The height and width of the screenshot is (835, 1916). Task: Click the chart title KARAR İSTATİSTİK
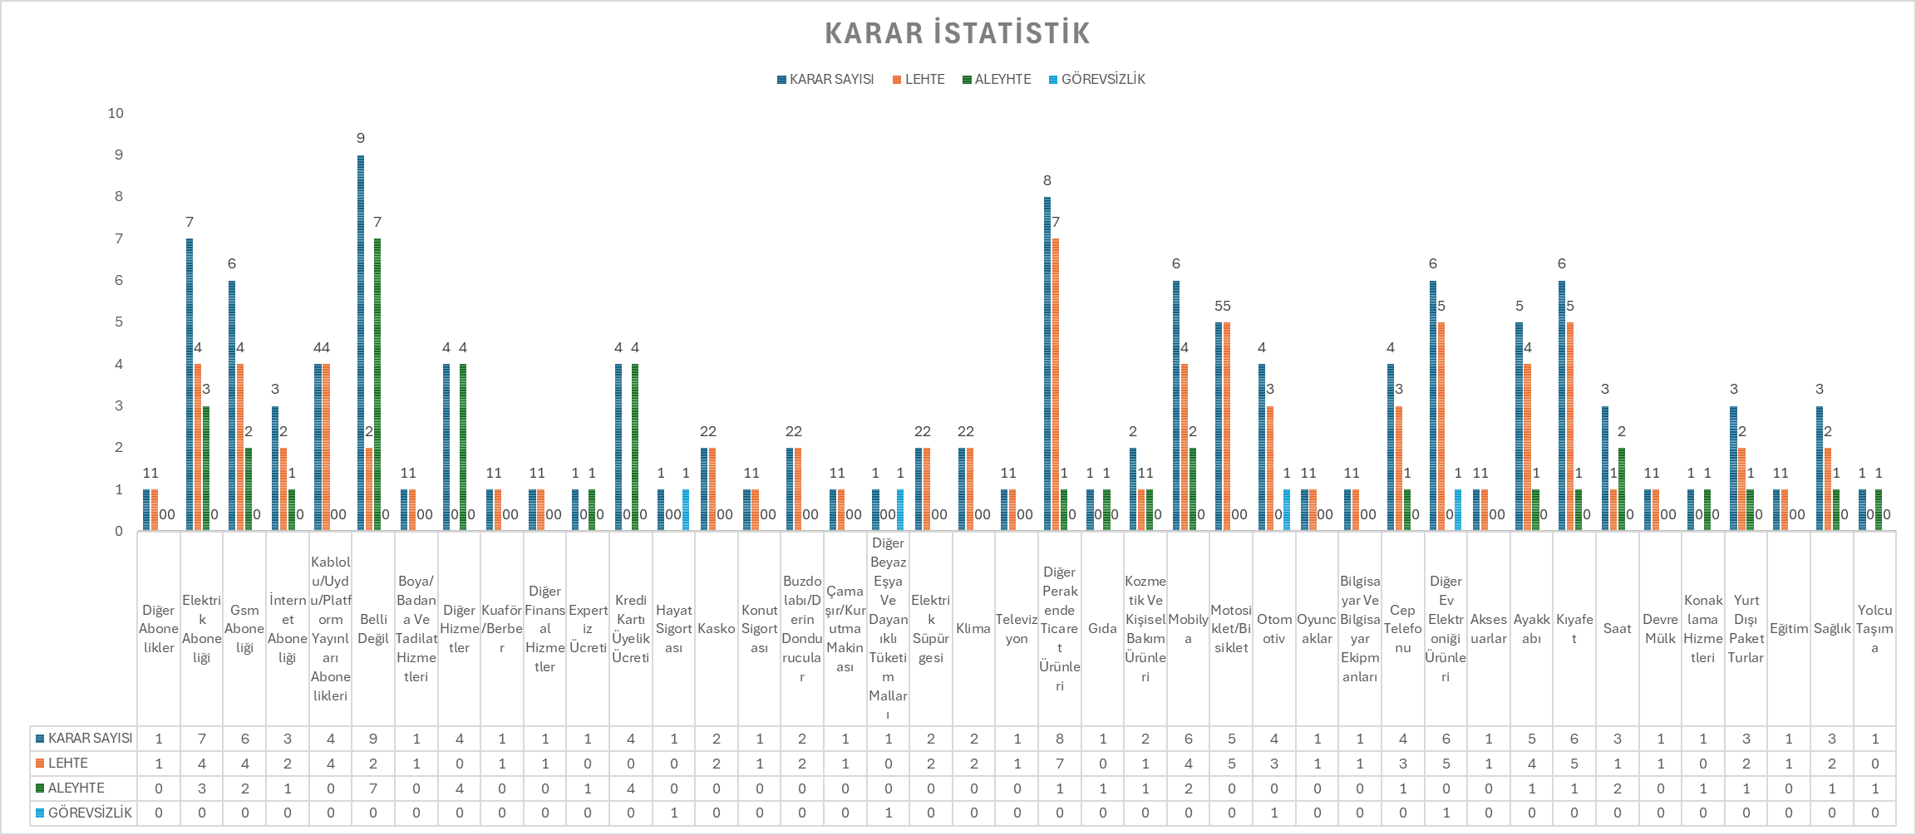(957, 33)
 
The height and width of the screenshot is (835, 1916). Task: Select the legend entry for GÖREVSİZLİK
(1096, 80)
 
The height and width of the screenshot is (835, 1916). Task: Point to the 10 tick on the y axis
(116, 113)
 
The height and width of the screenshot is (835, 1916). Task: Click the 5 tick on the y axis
(118, 322)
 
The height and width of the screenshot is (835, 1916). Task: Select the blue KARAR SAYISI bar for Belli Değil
(361, 342)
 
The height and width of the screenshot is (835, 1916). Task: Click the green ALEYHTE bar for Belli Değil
(377, 384)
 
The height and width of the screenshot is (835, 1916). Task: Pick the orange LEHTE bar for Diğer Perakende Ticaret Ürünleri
(1056, 384)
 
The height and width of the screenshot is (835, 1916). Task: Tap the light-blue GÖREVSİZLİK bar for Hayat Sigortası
(686, 509)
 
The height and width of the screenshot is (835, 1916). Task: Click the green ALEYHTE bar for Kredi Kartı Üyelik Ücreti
(635, 447)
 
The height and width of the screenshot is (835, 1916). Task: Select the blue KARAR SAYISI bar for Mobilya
(1176, 405)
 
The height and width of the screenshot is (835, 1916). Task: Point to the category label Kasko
(717, 629)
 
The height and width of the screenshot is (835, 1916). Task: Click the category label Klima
(973, 629)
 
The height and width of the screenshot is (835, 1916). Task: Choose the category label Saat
(1617, 629)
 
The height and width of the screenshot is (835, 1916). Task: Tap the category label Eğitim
(1789, 629)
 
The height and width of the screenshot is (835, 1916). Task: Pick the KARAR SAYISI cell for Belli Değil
(373, 739)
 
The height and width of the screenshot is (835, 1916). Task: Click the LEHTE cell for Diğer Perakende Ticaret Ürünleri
(1060, 764)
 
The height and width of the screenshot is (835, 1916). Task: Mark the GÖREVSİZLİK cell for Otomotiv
(1274, 813)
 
